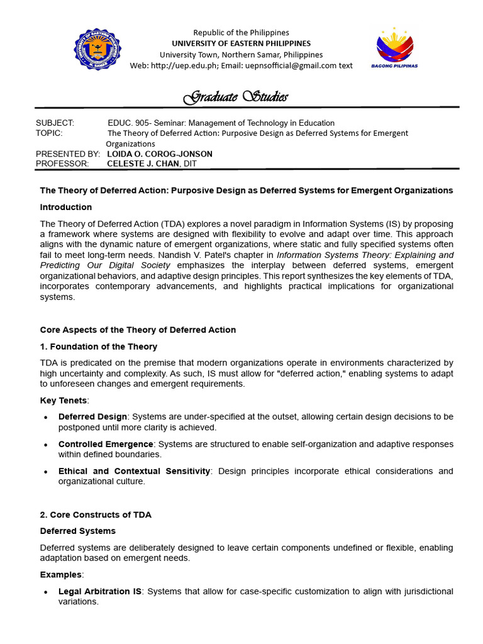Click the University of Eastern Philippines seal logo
click(x=97, y=49)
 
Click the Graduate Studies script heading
click(x=236, y=97)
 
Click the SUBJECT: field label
click(x=55, y=123)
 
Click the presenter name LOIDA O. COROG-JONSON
click(x=160, y=154)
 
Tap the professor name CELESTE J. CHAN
click(x=143, y=164)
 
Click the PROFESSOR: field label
click(x=62, y=164)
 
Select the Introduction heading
click(x=66, y=207)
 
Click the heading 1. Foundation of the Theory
click(x=99, y=347)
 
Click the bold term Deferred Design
click(x=92, y=417)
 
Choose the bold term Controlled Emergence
click(x=106, y=444)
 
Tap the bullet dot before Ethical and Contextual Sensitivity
click(x=47, y=472)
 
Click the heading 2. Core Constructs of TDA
click(x=96, y=514)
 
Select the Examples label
click(x=61, y=575)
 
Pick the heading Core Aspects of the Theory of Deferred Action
click(x=138, y=330)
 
